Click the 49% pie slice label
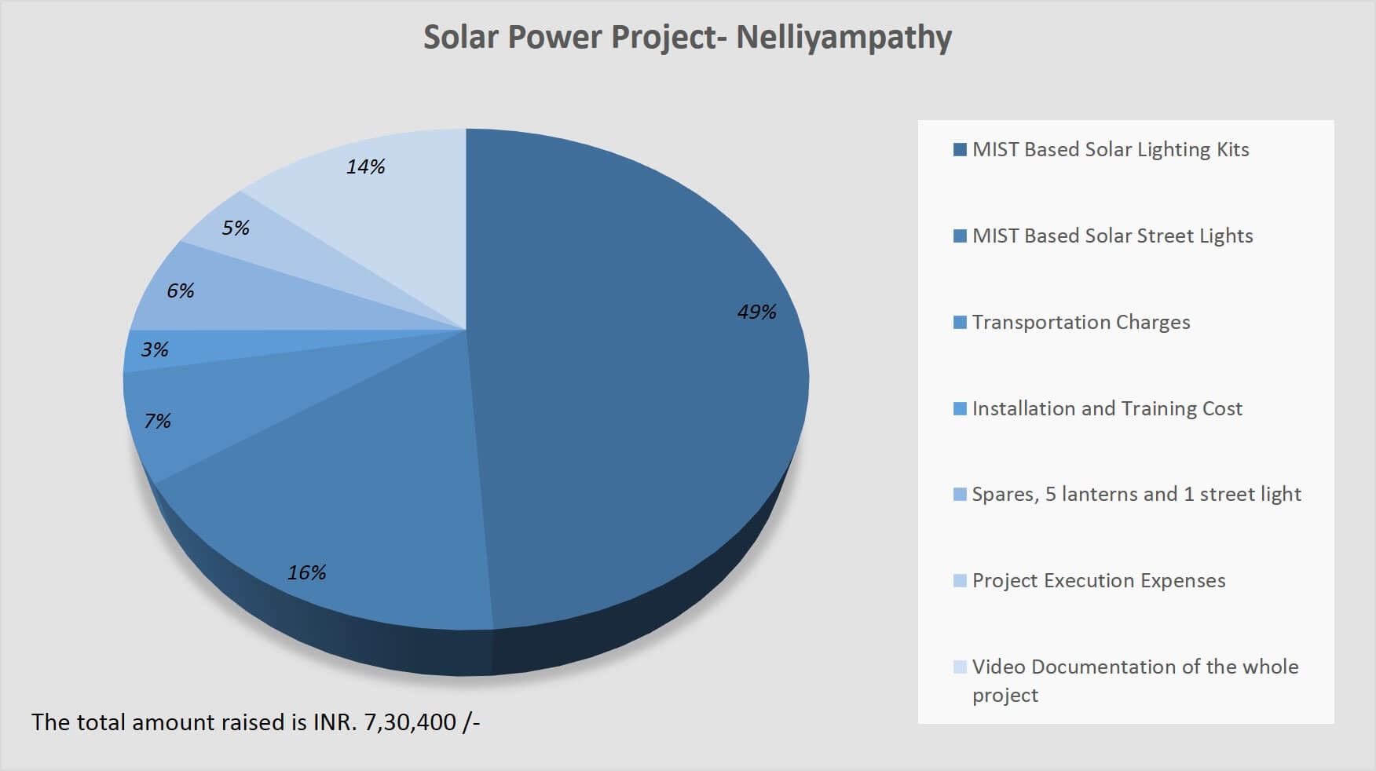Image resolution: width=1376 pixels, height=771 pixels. pos(756,312)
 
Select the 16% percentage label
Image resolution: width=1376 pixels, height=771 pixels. pos(306,572)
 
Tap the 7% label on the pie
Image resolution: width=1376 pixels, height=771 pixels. pos(157,422)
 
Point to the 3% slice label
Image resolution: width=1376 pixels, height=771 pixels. pos(155,349)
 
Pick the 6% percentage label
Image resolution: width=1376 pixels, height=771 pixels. pos(180,291)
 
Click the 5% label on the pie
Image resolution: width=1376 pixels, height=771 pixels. pos(236,228)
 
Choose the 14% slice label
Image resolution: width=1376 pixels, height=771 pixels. pos(365,166)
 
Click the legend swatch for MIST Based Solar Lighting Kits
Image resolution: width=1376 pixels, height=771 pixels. pos(960,150)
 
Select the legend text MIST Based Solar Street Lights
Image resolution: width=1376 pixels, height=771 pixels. pos(1112,236)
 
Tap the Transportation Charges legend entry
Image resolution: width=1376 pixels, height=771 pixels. pos(1081,322)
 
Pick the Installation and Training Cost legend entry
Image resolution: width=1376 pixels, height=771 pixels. pos(1107,408)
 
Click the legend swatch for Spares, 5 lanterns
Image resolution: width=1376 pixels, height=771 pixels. pos(960,495)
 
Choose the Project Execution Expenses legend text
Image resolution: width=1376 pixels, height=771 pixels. pos(1098,580)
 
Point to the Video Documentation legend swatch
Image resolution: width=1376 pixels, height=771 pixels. pos(960,667)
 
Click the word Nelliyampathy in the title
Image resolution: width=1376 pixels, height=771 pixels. pos(844,38)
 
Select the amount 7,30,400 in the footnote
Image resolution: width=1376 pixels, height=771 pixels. pos(410,722)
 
